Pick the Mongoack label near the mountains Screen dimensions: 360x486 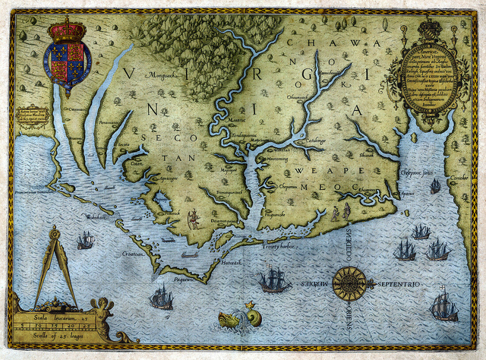(161, 76)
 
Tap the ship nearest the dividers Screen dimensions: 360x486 (85, 240)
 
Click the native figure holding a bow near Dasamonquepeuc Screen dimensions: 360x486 (193, 219)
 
